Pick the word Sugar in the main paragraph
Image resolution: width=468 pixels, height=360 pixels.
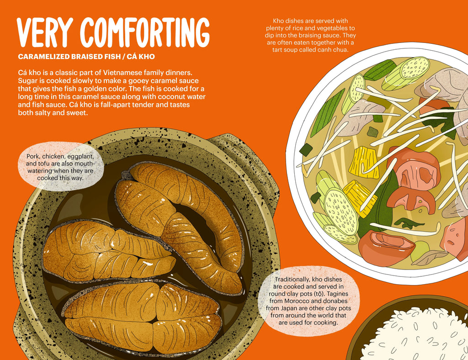point(27,81)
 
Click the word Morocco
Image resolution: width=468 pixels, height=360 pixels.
point(296,301)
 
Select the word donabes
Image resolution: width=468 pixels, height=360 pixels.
point(335,301)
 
